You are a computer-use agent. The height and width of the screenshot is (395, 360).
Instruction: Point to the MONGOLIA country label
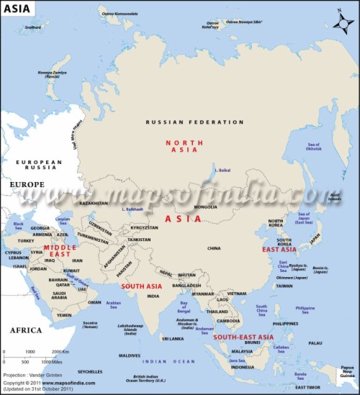click(x=206, y=206)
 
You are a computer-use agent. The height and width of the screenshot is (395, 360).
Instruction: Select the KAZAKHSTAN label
click(x=93, y=204)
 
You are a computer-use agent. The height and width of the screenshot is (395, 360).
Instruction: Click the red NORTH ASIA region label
click(x=184, y=146)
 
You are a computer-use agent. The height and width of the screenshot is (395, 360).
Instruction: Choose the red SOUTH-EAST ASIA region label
click(x=243, y=337)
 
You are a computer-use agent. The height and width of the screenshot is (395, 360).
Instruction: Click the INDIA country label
click(x=153, y=296)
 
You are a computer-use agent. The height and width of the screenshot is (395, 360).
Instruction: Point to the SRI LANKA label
click(x=172, y=338)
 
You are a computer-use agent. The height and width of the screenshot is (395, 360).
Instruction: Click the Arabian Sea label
click(x=114, y=304)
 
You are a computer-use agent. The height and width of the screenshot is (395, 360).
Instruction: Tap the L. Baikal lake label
click(x=222, y=171)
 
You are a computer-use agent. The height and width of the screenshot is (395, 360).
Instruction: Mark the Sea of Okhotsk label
click(x=312, y=145)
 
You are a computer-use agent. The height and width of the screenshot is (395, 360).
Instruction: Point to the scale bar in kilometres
click(x=32, y=356)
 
